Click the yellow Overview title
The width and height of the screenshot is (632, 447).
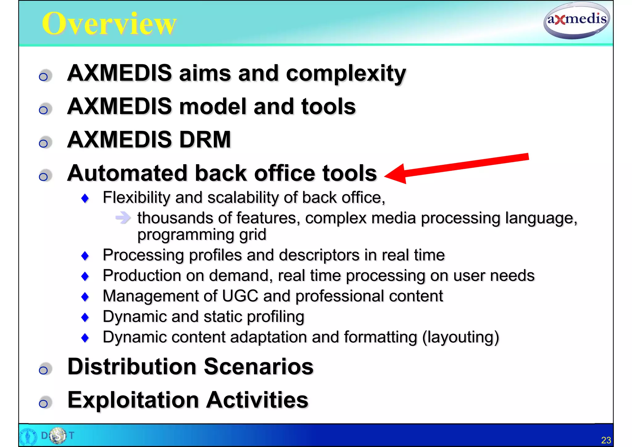pos(109,23)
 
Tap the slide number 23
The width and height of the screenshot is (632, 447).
pos(606,440)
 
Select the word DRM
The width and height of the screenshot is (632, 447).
pos(205,140)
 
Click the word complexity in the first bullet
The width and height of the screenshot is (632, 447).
pos(346,73)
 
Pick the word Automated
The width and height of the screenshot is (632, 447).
pos(127,173)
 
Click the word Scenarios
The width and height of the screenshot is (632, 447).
pos(259,366)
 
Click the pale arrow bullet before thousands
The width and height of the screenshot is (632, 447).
pos(123,218)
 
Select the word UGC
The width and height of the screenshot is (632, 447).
pos(240,296)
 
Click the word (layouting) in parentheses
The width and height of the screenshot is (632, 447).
pos(460,337)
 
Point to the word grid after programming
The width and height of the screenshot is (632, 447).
pos(252,235)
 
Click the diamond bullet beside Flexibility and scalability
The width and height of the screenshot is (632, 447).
pos(85,198)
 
